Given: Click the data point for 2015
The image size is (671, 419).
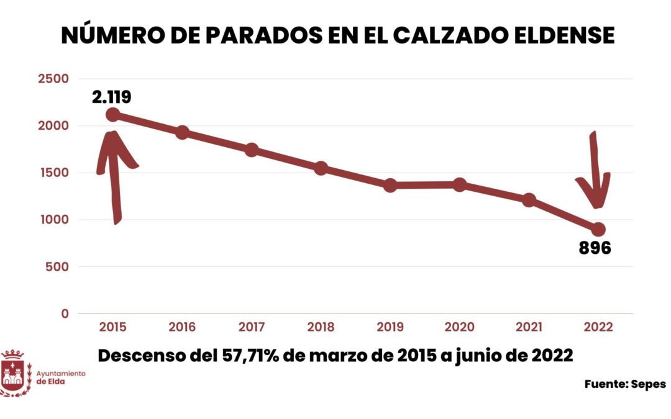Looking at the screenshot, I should [112, 115].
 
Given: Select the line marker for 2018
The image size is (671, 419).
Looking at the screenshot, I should [321, 168].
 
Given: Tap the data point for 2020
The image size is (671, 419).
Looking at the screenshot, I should [460, 184].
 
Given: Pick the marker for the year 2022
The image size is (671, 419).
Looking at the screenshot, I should [598, 229].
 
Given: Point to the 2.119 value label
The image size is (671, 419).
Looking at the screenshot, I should [112, 97].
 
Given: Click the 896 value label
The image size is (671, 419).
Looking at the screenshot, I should [595, 248].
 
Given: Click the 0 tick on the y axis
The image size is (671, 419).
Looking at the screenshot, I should [65, 313].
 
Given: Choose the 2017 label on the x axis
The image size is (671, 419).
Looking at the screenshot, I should [251, 327].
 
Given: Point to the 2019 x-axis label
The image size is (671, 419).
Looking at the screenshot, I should [390, 327].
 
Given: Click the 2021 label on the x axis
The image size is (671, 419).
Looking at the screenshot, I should [529, 327].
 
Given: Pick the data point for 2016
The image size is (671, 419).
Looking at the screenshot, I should [182, 132].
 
